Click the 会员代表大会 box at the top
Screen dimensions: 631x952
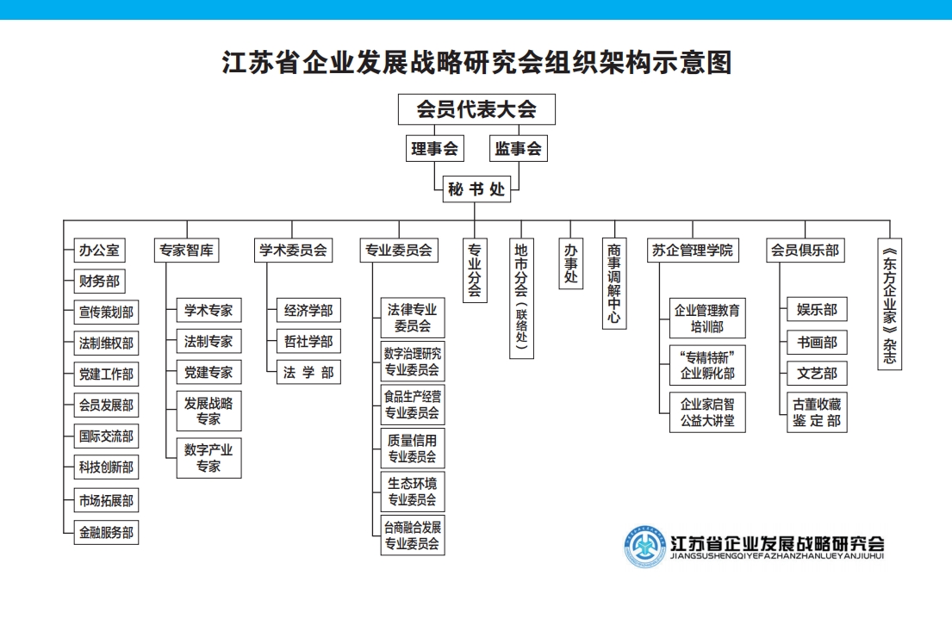[476, 109]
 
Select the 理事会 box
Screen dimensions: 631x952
[434, 148]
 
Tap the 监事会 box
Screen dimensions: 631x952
[519, 148]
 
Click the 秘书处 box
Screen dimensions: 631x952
[476, 189]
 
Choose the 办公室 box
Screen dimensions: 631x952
[98, 251]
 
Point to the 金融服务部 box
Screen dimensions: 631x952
[106, 532]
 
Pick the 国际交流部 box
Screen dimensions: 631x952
[106, 436]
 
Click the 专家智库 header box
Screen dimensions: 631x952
[186, 251]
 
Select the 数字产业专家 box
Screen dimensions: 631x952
[208, 458]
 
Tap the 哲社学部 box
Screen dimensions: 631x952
[308, 342]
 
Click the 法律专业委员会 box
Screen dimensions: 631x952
[413, 317]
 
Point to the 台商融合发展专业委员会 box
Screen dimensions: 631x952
[413, 535]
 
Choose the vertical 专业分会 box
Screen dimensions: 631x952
[474, 269]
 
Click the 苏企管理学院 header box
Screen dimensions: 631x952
[693, 251]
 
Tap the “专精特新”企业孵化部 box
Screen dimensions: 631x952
[707, 365]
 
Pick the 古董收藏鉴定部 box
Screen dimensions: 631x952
[817, 412]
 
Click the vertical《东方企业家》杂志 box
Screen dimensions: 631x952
[890, 304]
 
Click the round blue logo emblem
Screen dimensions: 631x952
[645, 546]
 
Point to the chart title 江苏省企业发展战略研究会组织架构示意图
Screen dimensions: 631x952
[476, 63]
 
